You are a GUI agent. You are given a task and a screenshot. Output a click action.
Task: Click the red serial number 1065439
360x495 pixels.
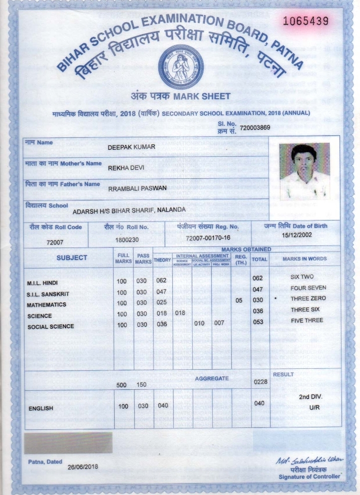point(305,21)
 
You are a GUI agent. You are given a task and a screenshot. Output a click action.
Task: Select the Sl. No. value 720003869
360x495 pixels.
point(255,128)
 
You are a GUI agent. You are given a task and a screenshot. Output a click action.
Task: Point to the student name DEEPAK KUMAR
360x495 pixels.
point(131,147)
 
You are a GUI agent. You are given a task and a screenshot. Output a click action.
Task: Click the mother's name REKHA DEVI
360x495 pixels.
point(126,168)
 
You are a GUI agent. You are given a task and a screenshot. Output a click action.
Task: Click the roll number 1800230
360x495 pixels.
point(127,240)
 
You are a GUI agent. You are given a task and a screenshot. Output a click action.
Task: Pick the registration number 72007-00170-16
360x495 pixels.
point(208,238)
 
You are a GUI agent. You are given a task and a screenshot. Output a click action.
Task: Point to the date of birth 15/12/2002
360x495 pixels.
point(297,234)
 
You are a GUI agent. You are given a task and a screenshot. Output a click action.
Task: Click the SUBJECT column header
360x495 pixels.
point(72,258)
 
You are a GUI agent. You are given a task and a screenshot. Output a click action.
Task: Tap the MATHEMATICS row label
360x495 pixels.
point(47,305)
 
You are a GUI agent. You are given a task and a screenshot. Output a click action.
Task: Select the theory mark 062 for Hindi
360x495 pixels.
point(161,280)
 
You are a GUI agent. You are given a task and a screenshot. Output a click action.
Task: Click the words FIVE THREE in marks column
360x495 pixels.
point(307,320)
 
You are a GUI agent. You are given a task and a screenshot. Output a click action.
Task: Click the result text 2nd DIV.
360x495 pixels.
point(310,397)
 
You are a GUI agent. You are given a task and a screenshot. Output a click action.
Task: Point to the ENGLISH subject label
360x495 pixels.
point(41,408)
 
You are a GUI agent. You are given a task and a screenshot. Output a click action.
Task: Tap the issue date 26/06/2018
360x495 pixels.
point(83,467)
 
